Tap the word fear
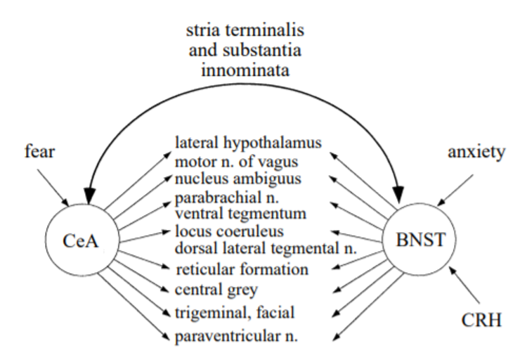click(x=37, y=153)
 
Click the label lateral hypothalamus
click(x=248, y=142)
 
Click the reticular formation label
click(x=242, y=269)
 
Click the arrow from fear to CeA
click(x=52, y=186)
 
